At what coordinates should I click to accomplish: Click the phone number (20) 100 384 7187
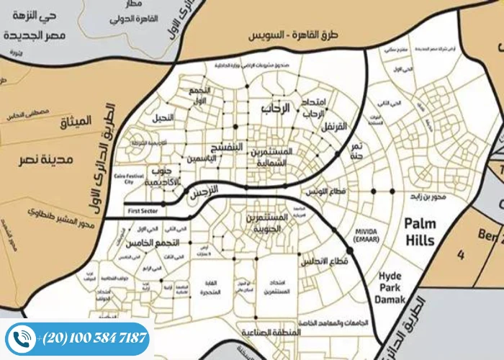pos(94,338)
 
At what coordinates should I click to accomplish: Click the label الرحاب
pos(275,109)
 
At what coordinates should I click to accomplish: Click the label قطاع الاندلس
pos(327,261)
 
